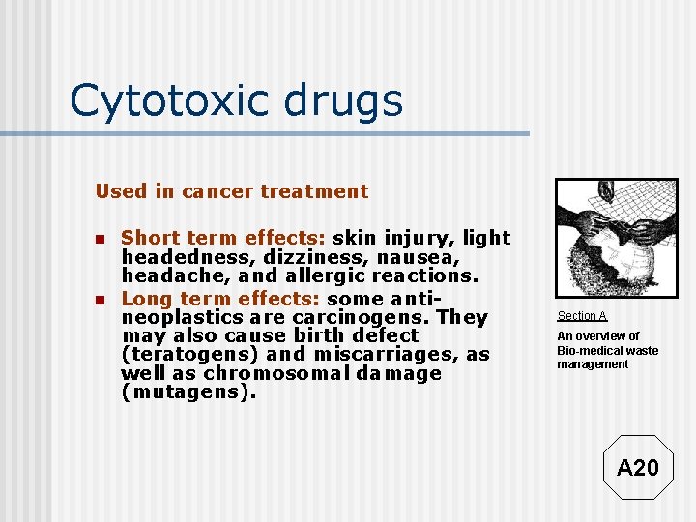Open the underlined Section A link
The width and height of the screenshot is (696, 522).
(x=582, y=316)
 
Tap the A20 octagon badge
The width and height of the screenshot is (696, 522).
(x=637, y=468)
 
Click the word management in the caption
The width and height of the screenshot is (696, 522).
(x=593, y=364)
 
